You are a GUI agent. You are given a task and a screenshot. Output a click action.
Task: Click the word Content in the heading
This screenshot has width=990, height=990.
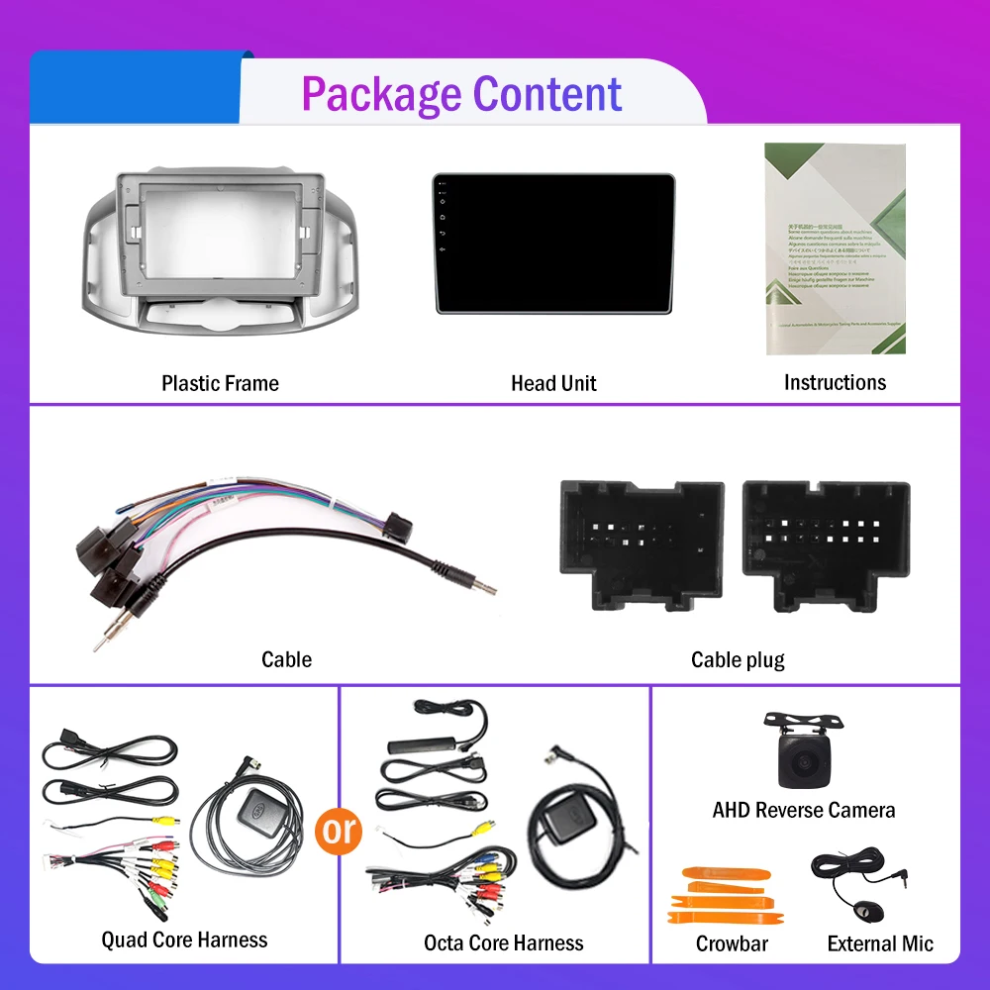click(547, 94)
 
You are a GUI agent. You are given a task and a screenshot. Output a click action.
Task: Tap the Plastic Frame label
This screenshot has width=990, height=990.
click(220, 383)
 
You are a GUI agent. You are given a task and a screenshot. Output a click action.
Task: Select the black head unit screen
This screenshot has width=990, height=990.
click(553, 244)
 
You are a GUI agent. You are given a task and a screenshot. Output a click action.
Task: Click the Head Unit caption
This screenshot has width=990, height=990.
click(553, 383)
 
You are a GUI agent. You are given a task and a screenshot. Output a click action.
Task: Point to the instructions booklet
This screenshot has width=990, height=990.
click(835, 248)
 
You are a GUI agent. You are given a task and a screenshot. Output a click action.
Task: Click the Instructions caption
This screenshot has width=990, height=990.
click(835, 382)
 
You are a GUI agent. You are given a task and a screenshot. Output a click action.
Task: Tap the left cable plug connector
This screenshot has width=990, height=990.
click(642, 544)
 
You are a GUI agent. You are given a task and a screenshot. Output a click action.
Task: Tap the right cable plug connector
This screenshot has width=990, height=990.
click(826, 544)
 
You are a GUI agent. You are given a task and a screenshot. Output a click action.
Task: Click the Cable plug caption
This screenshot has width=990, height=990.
click(738, 659)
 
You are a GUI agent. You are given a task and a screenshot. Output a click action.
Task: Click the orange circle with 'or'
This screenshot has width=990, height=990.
click(339, 830)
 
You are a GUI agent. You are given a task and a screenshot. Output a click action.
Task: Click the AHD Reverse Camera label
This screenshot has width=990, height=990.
click(803, 810)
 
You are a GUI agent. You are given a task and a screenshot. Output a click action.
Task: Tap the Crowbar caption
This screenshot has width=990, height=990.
click(732, 943)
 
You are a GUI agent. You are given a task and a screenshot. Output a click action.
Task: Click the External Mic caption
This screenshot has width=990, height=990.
click(880, 943)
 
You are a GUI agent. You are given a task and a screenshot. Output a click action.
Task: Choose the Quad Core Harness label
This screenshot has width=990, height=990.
click(184, 940)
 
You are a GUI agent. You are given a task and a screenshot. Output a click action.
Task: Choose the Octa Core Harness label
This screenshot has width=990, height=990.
click(503, 943)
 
